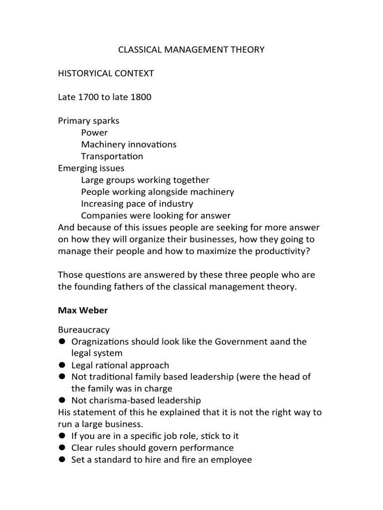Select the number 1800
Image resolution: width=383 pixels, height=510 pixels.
(141, 97)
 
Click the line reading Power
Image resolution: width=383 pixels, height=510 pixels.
(94, 132)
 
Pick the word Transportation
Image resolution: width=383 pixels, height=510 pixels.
(112, 156)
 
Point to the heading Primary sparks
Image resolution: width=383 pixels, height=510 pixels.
(89, 121)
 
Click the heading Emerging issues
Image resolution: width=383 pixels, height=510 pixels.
(91, 168)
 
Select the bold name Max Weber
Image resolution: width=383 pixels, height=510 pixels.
(83, 310)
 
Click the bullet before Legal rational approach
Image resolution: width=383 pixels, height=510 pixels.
(62, 365)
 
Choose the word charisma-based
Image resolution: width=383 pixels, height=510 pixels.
(117, 400)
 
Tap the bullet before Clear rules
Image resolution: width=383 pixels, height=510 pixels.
(62, 448)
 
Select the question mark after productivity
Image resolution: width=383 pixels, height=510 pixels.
(308, 252)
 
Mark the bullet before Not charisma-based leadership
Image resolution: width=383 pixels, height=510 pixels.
(62, 400)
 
